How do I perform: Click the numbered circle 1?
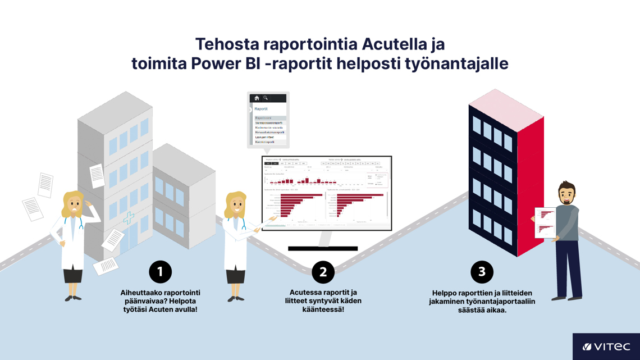tap(160, 272)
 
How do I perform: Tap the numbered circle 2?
tap(323, 272)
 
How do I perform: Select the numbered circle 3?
tap(482, 272)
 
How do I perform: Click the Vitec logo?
tap(606, 347)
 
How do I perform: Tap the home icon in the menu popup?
tap(257, 98)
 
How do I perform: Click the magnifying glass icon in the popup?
tap(266, 98)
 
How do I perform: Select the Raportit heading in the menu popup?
tap(261, 109)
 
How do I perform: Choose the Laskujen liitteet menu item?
tap(265, 137)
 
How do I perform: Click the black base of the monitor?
tap(323, 248)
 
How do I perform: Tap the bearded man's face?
tap(566, 195)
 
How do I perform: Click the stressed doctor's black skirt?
tap(73, 275)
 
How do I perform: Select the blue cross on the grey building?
tap(129, 218)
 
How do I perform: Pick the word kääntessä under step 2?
tap(323, 309)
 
